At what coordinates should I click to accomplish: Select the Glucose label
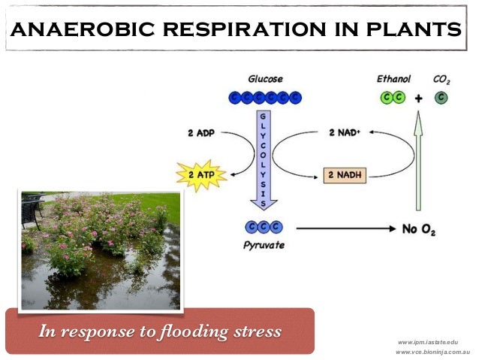point(265,78)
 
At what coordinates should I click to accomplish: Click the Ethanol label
point(392,78)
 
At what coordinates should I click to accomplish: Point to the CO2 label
point(442,78)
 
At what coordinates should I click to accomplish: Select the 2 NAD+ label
point(346,134)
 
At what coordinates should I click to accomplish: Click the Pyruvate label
point(263,245)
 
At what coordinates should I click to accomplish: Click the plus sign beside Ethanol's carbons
point(418,97)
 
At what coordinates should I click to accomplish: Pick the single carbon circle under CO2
point(441,97)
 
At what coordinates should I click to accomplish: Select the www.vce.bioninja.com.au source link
point(432,352)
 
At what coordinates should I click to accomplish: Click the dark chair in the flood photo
point(31,210)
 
